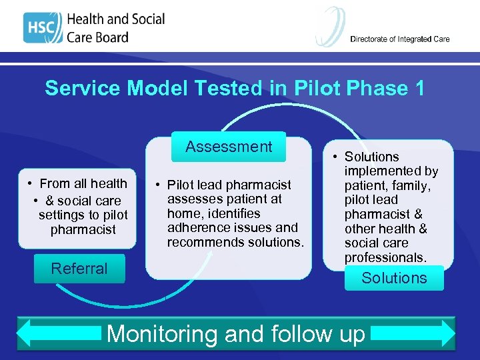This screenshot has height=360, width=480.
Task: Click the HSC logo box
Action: tap(41, 27)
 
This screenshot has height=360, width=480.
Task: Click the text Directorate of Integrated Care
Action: tap(400, 39)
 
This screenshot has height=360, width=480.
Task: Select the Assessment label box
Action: tap(229, 147)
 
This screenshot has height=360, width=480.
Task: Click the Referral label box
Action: tap(79, 269)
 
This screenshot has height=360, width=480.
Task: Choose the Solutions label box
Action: tap(394, 278)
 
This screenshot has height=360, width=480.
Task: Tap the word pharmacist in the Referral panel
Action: tap(83, 230)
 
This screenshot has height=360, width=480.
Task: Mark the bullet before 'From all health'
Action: tap(31, 184)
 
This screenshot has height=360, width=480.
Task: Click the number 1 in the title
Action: tap(418, 88)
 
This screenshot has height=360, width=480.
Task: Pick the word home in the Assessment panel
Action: tap(182, 213)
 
